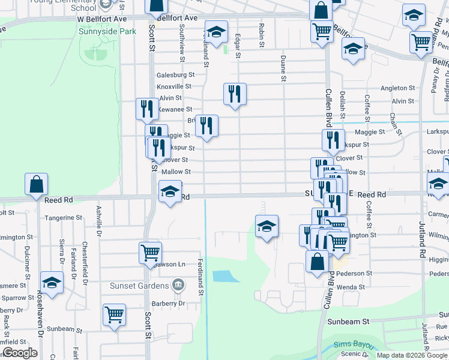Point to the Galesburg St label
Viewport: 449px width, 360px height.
176,75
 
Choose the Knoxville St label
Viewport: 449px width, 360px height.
174,86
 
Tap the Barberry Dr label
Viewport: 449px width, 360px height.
169,303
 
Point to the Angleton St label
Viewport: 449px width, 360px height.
394,88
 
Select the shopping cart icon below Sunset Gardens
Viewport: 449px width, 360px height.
113,313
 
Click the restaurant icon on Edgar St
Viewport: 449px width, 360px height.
235,94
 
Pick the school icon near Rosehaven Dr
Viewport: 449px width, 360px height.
52,283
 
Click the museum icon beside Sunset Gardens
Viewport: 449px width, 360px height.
178,284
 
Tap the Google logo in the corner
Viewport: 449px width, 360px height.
20,353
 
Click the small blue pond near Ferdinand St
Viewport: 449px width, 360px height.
221,277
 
